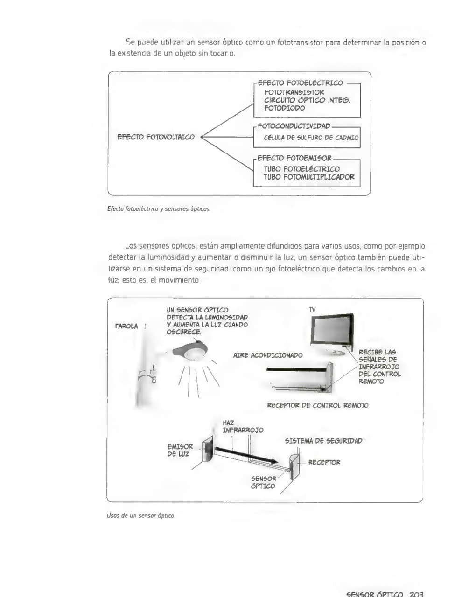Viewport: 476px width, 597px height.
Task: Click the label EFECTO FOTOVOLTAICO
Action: (x=156, y=137)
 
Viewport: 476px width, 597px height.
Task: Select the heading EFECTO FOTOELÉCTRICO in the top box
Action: (x=300, y=83)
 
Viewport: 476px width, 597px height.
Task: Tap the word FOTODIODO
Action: (x=284, y=108)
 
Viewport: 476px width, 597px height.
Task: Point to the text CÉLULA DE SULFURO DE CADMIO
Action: (x=311, y=138)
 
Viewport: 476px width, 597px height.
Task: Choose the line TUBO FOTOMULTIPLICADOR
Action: (x=309, y=177)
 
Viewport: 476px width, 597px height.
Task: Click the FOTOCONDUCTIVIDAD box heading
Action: (x=294, y=126)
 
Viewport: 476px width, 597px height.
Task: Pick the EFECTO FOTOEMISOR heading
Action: (x=294, y=158)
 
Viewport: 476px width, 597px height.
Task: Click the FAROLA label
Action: (x=126, y=326)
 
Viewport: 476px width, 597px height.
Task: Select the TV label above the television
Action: (x=312, y=309)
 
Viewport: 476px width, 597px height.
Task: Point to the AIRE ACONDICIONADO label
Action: (x=268, y=355)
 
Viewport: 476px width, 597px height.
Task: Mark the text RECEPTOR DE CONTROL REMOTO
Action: (x=317, y=405)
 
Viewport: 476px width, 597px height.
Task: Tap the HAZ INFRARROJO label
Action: (x=243, y=426)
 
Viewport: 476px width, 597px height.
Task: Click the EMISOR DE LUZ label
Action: (x=180, y=450)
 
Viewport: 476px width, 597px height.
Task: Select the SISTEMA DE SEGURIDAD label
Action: (x=323, y=441)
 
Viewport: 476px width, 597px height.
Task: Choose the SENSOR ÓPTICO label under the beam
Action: (x=263, y=482)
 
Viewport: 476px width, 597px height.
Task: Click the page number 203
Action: (x=416, y=594)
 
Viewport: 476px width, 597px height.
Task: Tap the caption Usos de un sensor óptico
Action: (x=140, y=515)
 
